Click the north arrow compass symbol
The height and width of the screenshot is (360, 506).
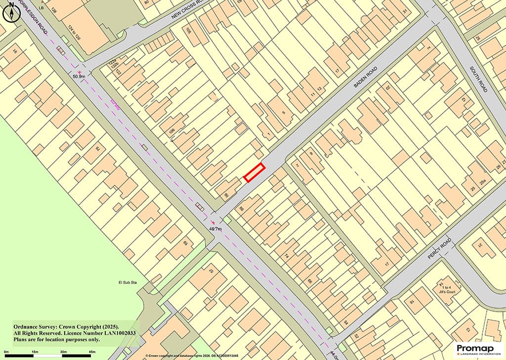pyautogui.click(x=10, y=13)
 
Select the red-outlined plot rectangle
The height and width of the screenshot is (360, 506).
pyautogui.click(x=254, y=172)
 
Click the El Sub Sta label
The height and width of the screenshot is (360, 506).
pyautogui.click(x=126, y=282)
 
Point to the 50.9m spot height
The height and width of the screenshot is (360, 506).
pyautogui.click(x=79, y=77)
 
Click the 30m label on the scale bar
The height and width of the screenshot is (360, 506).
pyautogui.click(x=64, y=352)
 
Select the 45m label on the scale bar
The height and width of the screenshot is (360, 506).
pyautogui.click(x=92, y=352)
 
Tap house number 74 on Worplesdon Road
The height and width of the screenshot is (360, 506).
pyautogui.click(x=285, y=256)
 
